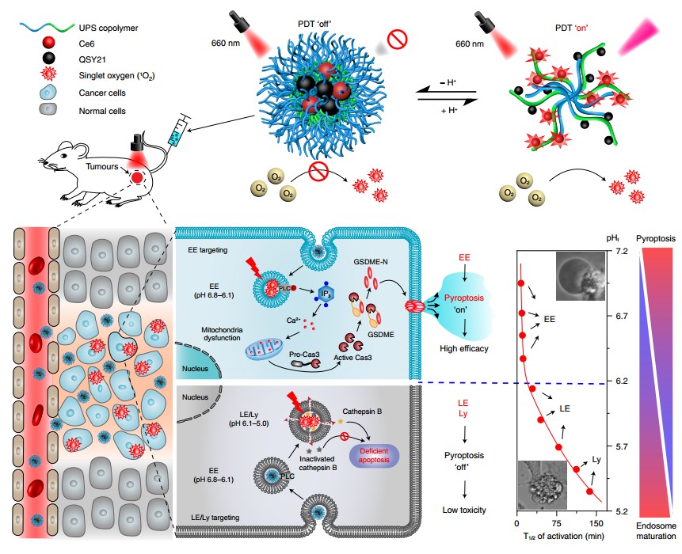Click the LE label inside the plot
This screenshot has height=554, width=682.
point(566,408)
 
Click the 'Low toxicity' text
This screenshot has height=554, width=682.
point(464,510)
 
